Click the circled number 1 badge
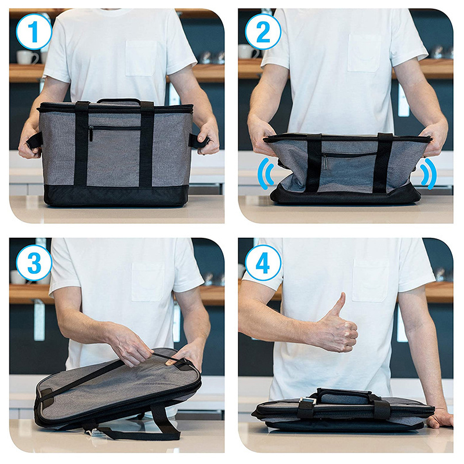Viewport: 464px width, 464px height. [34, 32]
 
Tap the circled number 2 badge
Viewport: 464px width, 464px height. [263, 32]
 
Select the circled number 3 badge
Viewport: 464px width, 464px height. [34, 263]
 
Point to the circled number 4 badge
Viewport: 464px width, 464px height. [263, 263]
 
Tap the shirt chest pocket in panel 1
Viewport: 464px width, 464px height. [141, 59]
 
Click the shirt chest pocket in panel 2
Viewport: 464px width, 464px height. [364, 53]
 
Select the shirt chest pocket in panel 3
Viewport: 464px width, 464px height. [148, 282]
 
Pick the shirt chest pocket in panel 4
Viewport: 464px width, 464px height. [371, 280]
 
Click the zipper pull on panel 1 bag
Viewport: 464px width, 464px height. [91, 133]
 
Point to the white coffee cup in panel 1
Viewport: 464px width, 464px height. [27, 57]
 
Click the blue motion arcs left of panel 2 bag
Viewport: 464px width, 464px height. [266, 173]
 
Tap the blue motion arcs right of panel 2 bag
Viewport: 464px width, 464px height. [428, 173]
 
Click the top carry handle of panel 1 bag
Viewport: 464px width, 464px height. [118, 101]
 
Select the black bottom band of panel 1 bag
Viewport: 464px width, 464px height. [116, 195]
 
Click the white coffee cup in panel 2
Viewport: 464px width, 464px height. [249, 52]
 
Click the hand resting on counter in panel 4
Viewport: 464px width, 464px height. [440, 418]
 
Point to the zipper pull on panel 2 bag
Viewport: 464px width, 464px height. [325, 162]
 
